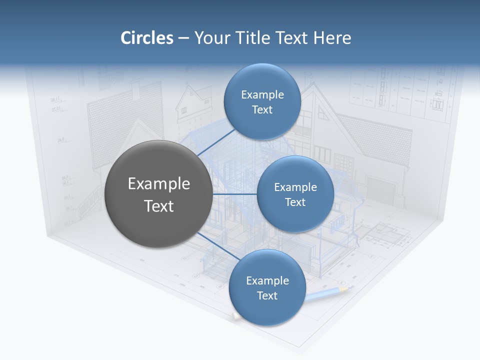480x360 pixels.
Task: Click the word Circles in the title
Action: pyautogui.click(x=147, y=38)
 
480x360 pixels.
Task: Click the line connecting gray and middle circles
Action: pyautogui.click(x=235, y=194)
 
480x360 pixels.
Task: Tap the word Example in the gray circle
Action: pyautogui.click(x=159, y=184)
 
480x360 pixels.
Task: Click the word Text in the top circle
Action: pyautogui.click(x=262, y=109)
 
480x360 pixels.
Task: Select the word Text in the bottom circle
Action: pyautogui.click(x=267, y=295)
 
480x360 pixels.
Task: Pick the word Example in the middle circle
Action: pyautogui.click(x=295, y=187)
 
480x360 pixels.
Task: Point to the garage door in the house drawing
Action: pyautogui.click(x=381, y=189)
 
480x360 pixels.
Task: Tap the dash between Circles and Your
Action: pyautogui.click(x=183, y=38)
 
